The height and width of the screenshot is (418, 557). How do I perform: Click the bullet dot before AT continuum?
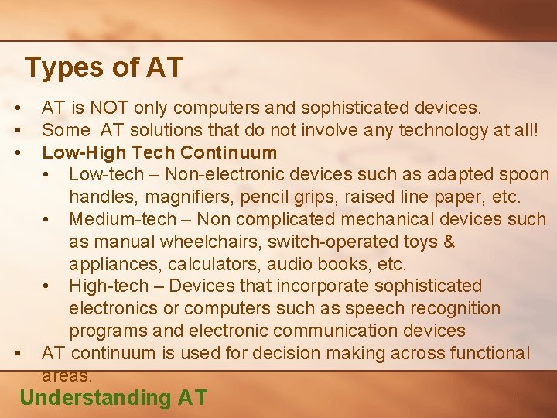point(16,354)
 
